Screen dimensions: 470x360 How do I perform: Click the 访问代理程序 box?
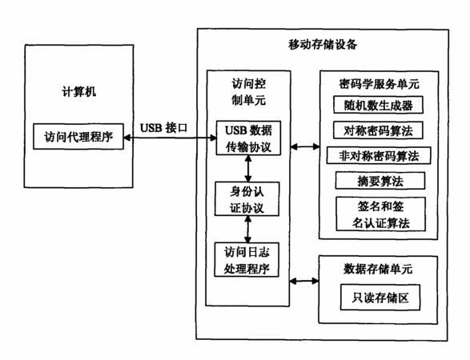tap(78, 137)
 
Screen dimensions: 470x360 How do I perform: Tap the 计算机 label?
tap(79, 92)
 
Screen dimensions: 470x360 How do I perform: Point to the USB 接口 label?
tap(163, 128)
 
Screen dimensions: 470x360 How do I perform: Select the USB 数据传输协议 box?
tap(248, 138)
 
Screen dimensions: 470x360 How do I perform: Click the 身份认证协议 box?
tap(247, 199)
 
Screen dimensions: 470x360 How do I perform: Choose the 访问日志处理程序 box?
tap(247, 260)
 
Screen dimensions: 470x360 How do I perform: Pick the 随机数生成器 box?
tap(378, 105)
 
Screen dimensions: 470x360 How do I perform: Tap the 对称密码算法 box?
tap(378, 130)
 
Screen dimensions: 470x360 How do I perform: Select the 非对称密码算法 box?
tap(379, 155)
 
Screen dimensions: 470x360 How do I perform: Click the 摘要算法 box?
tap(380, 181)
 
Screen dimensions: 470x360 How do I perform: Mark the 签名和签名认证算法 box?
tap(380, 214)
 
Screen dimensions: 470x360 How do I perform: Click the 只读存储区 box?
tap(380, 298)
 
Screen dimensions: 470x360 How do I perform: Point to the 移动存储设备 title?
tap(323, 45)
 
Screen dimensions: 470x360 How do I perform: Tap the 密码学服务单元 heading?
tap(379, 84)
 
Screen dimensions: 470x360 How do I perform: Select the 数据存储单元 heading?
tap(378, 269)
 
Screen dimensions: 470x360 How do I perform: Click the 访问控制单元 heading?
tap(248, 92)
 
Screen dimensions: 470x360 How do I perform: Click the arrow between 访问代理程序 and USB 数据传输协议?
tap(170, 138)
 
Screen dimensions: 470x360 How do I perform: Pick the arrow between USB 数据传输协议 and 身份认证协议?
tap(248, 169)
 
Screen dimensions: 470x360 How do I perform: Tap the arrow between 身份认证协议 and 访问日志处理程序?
tap(247, 229)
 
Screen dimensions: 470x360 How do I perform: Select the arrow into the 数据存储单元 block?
tap(304, 281)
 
